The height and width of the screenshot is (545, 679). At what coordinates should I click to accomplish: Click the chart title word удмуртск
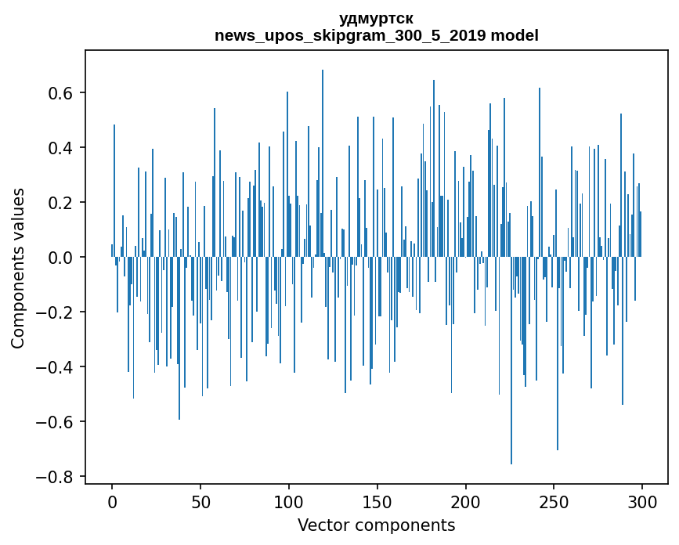click(x=376, y=19)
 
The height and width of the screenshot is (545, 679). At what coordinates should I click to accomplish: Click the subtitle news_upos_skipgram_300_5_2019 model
click(x=376, y=36)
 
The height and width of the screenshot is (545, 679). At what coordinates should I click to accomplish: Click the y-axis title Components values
click(x=18, y=268)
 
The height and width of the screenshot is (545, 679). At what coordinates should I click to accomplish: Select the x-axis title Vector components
click(x=376, y=525)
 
